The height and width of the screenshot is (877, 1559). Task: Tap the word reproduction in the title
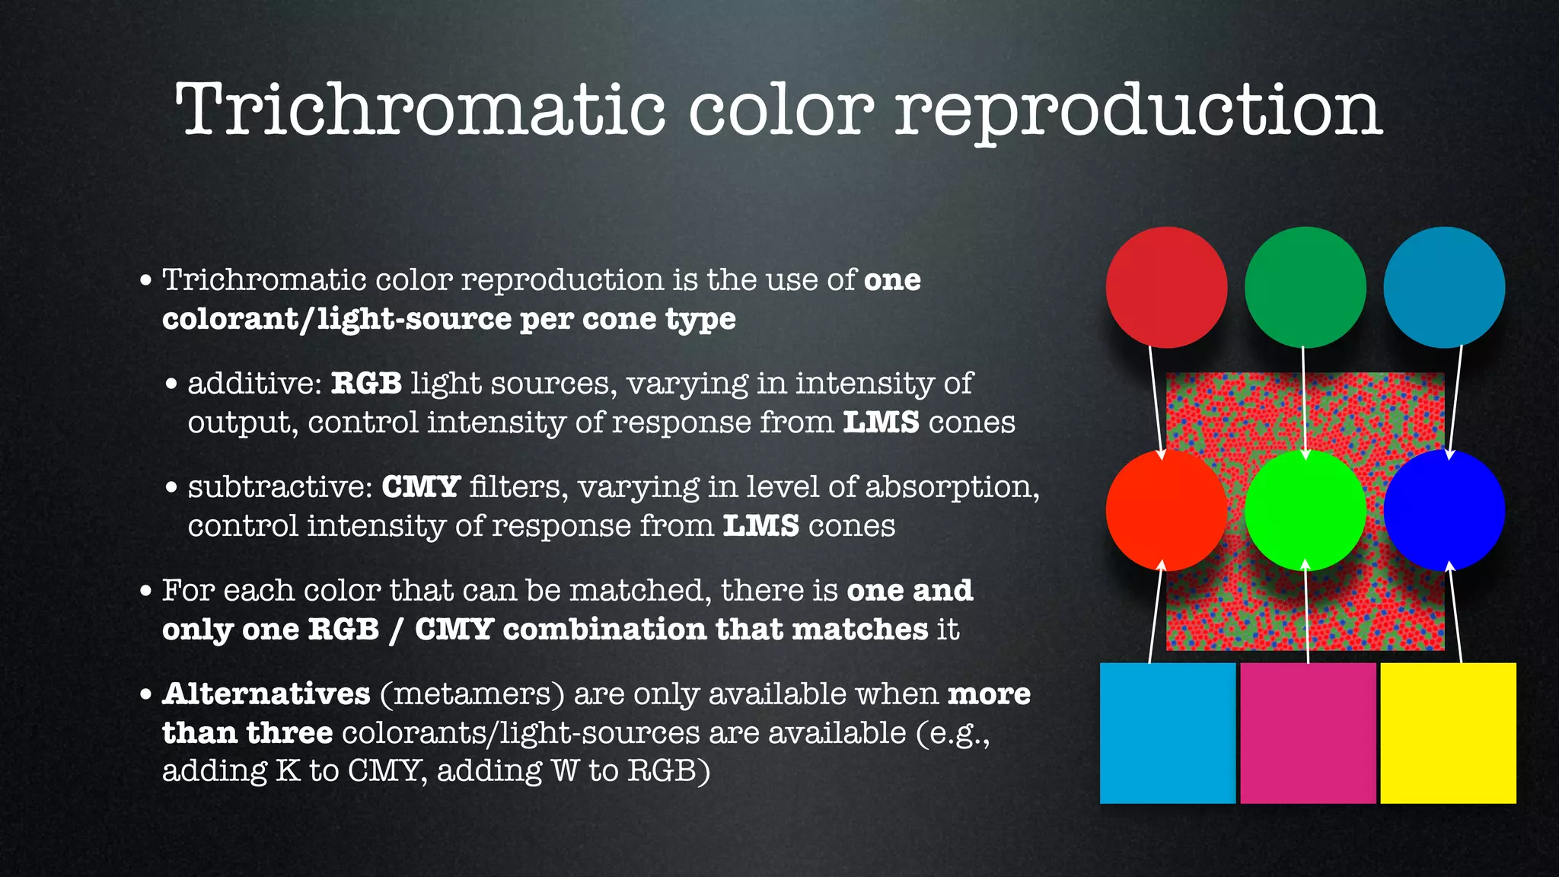(1138, 112)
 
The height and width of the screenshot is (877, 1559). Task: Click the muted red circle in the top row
(1166, 287)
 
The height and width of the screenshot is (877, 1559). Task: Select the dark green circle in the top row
(1305, 287)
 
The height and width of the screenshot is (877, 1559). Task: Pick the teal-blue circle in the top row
(1444, 287)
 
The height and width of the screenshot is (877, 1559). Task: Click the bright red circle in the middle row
(1166, 509)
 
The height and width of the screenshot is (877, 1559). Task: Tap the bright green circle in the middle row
(1305, 509)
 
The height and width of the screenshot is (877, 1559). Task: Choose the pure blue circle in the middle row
(1444, 509)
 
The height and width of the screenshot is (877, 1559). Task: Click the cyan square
(1168, 732)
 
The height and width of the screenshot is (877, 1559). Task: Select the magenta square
(1308, 732)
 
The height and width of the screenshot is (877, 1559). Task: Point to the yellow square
(1448, 732)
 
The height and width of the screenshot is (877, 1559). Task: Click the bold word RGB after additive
(366, 383)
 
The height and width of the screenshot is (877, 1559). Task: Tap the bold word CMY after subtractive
(420, 486)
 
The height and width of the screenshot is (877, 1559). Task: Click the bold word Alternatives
(266, 694)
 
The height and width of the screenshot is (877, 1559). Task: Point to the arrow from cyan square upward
(1156, 613)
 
